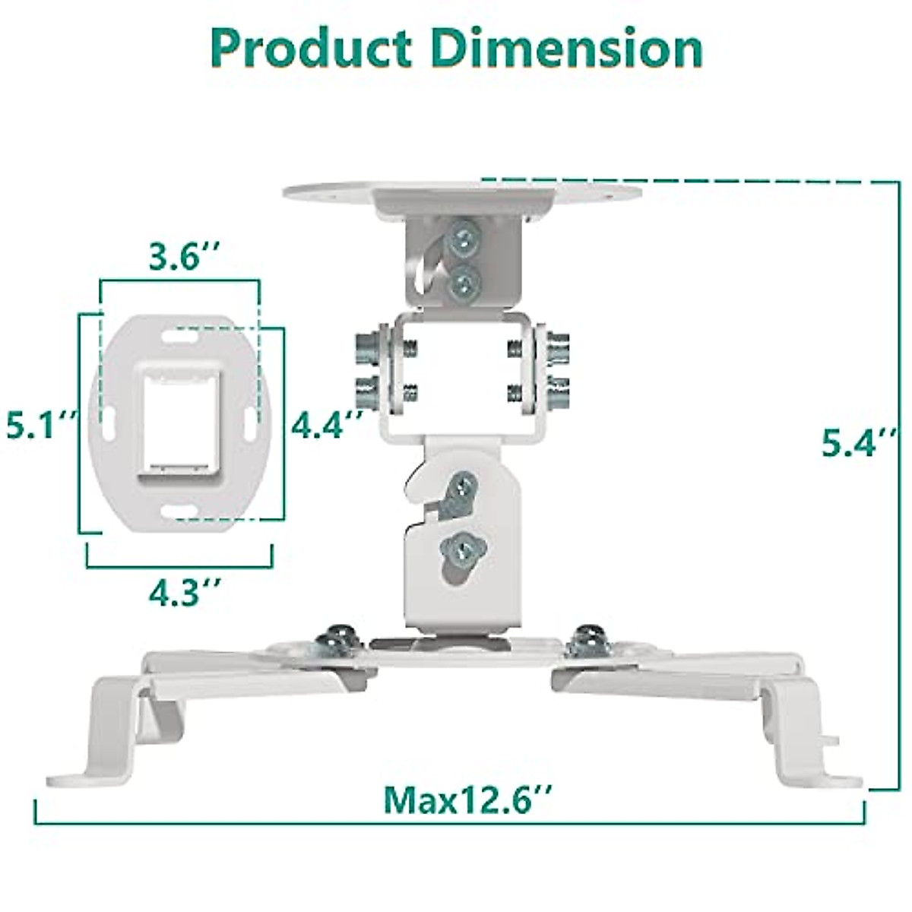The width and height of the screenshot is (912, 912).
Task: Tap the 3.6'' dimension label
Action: point(179,258)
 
